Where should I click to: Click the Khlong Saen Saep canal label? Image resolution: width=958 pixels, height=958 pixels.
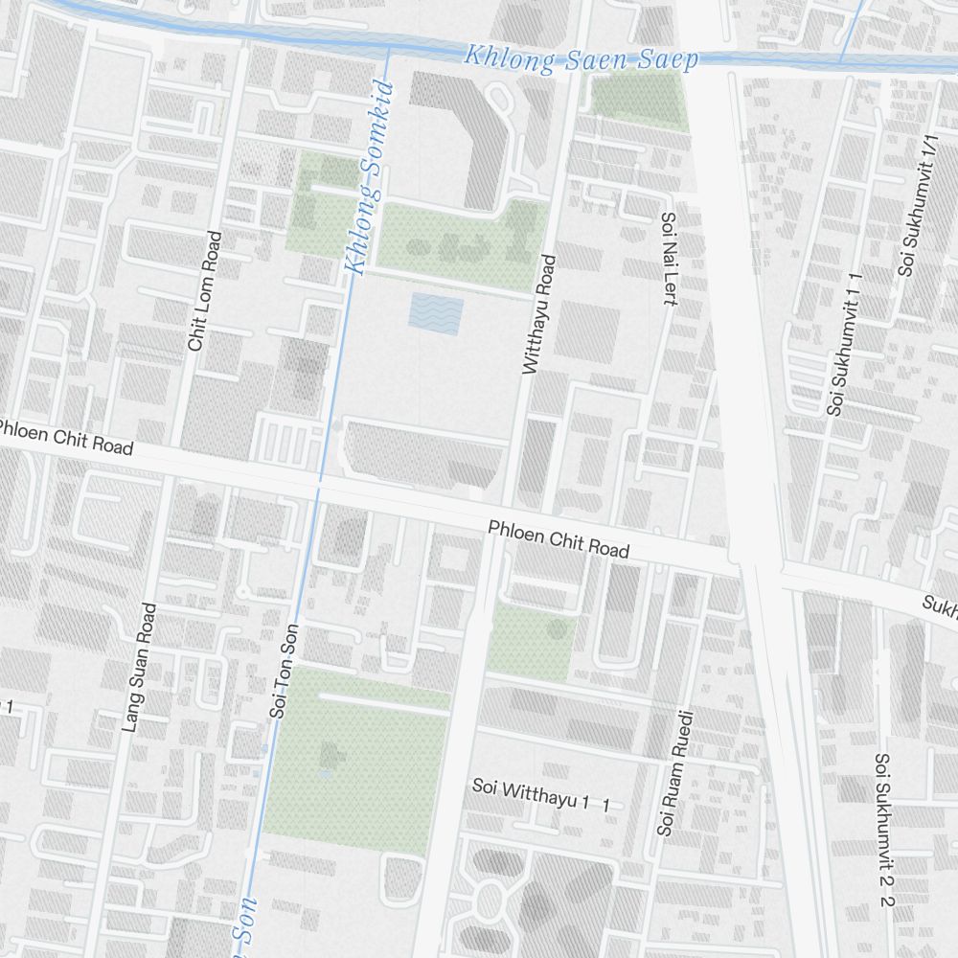click(581, 57)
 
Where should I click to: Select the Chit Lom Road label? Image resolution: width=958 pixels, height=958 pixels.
click(205, 290)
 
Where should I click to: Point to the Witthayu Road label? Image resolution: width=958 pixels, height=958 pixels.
click(536, 313)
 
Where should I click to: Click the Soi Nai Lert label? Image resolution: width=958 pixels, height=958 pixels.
click(669, 259)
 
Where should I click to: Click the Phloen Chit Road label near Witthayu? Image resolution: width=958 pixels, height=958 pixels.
click(559, 539)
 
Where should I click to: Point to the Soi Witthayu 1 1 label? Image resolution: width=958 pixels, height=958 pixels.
click(541, 794)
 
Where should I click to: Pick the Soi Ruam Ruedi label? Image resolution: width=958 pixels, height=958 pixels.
click(673, 772)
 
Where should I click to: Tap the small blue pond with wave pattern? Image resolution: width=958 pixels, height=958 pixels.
click(436, 314)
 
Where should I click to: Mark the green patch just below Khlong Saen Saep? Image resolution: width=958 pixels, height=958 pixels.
click(636, 97)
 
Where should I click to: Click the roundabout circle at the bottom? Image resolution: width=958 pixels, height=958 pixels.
click(490, 901)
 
